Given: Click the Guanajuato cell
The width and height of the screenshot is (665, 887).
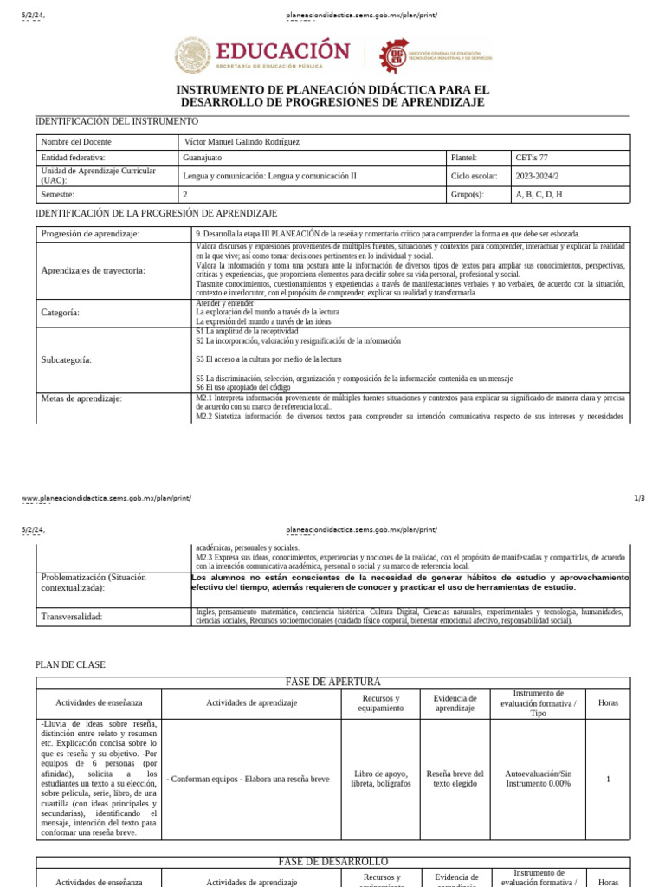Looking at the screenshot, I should point(202,158).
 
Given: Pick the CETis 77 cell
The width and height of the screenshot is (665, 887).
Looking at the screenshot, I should point(532,158).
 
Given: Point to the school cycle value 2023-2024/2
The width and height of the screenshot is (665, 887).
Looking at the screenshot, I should point(537,176).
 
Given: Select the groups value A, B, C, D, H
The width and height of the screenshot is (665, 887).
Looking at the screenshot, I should point(539,195).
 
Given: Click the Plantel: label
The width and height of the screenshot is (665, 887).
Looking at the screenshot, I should point(464,158).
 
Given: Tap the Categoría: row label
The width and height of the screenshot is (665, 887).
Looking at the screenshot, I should point(61,312).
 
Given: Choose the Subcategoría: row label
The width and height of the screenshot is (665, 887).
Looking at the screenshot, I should point(67,359).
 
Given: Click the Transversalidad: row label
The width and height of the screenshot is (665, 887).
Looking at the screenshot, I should point(72,617).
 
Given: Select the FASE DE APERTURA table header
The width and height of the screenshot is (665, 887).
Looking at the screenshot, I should point(332,683).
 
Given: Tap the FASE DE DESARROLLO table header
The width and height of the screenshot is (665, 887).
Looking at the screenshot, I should point(332,862).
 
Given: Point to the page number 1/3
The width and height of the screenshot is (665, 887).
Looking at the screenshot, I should point(639,498).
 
